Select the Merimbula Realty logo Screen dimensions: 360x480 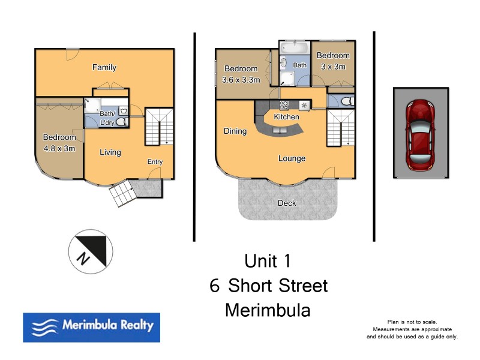tap(92, 327)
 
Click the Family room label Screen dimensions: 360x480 tap(104, 68)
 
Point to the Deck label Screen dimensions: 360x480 tap(287, 203)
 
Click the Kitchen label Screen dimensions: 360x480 tap(286, 117)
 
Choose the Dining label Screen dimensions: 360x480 tap(235, 131)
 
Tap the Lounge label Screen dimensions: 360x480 tap(292, 159)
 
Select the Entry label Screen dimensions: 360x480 tap(155, 162)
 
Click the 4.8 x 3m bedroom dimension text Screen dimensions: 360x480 tap(59, 149)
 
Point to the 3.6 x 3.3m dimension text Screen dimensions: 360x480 tap(241, 80)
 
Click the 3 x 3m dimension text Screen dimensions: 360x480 tap(334, 67)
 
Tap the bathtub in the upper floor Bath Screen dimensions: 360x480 tap(295, 47)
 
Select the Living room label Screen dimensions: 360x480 tap(110, 152)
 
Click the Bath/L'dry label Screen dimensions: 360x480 tap(108, 118)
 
